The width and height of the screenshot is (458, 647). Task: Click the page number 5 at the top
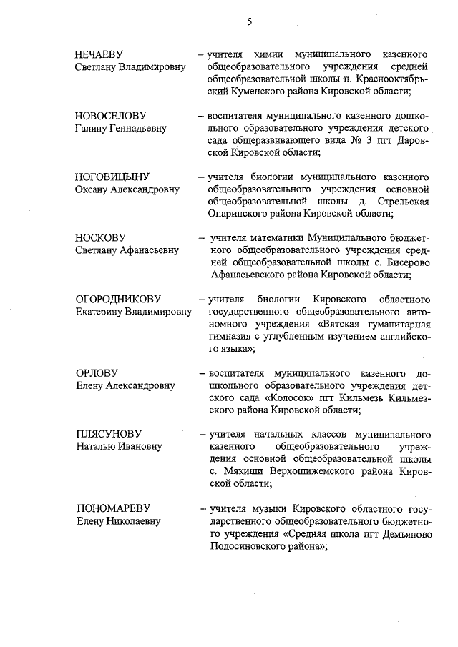[x=249, y=21]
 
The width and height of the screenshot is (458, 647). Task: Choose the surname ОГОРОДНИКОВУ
[x=118, y=299]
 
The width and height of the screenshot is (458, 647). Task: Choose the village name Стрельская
[x=403, y=201]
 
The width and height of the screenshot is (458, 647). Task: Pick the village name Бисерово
[x=406, y=262]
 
